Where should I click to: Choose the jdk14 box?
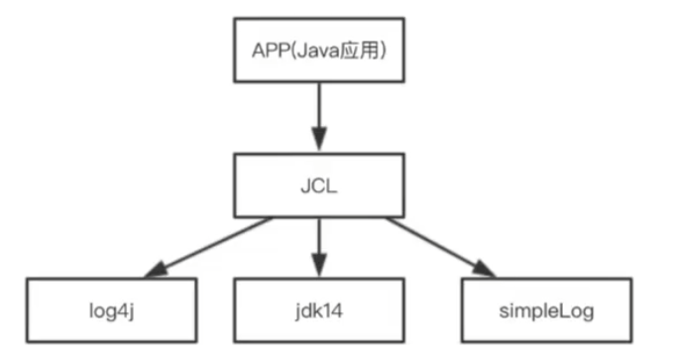[x=317, y=310]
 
